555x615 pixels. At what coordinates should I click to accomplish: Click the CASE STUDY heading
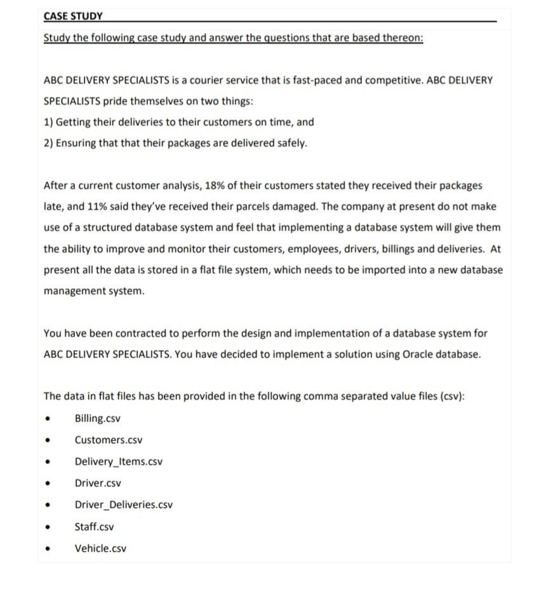(73, 16)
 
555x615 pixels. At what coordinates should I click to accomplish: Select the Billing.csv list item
(97, 419)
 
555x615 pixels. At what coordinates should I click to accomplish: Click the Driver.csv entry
(98, 483)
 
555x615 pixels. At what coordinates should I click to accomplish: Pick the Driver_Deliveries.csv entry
(123, 505)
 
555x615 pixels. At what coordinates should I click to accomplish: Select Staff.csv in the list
(95, 527)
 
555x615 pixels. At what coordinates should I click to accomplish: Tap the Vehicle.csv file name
(100, 548)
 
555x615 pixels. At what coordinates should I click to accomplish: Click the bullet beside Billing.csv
(47, 420)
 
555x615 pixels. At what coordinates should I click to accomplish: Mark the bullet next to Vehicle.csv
(47, 549)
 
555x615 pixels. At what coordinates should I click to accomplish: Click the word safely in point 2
(291, 143)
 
